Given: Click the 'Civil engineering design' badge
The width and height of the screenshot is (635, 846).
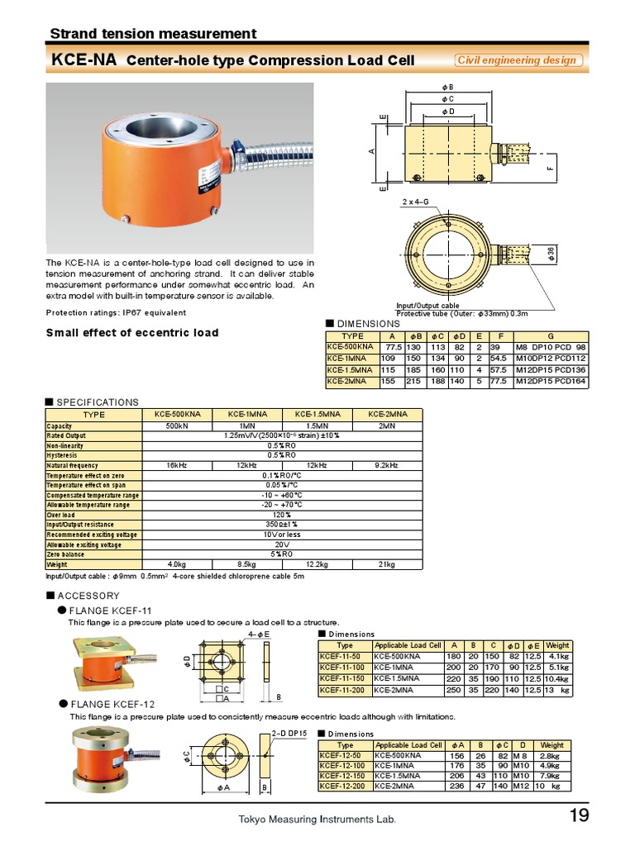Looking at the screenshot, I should pyautogui.click(x=518, y=60).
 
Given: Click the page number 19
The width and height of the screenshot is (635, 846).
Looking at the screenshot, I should pyautogui.click(x=579, y=816).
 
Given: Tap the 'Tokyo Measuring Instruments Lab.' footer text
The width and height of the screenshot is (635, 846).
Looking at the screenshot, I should pyautogui.click(x=317, y=820).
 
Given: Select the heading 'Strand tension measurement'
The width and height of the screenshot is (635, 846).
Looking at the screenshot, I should pyautogui.click(x=153, y=34).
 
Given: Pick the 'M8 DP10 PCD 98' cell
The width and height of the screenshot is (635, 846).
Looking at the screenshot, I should pyautogui.click(x=550, y=347).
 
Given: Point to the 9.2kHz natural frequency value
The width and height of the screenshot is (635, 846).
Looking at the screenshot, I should pyautogui.click(x=387, y=465).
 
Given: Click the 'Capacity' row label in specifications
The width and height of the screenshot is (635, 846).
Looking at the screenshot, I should pyautogui.click(x=60, y=426).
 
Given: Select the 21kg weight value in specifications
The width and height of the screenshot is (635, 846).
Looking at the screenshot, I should pyautogui.click(x=387, y=564).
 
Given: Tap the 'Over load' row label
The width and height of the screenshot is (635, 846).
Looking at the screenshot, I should pyautogui.click(x=62, y=515).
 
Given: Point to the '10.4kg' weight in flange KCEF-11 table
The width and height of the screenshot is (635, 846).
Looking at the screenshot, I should pyautogui.click(x=556, y=678).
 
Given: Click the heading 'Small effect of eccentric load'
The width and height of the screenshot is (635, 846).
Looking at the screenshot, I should pyautogui.click(x=132, y=333).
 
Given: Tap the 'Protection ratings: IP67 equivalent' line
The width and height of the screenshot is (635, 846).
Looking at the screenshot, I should pyautogui.click(x=116, y=312).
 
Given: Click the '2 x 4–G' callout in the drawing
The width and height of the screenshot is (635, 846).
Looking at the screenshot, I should pyautogui.click(x=415, y=202).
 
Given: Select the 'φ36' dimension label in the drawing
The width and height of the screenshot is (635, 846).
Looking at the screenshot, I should pyautogui.click(x=551, y=254).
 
